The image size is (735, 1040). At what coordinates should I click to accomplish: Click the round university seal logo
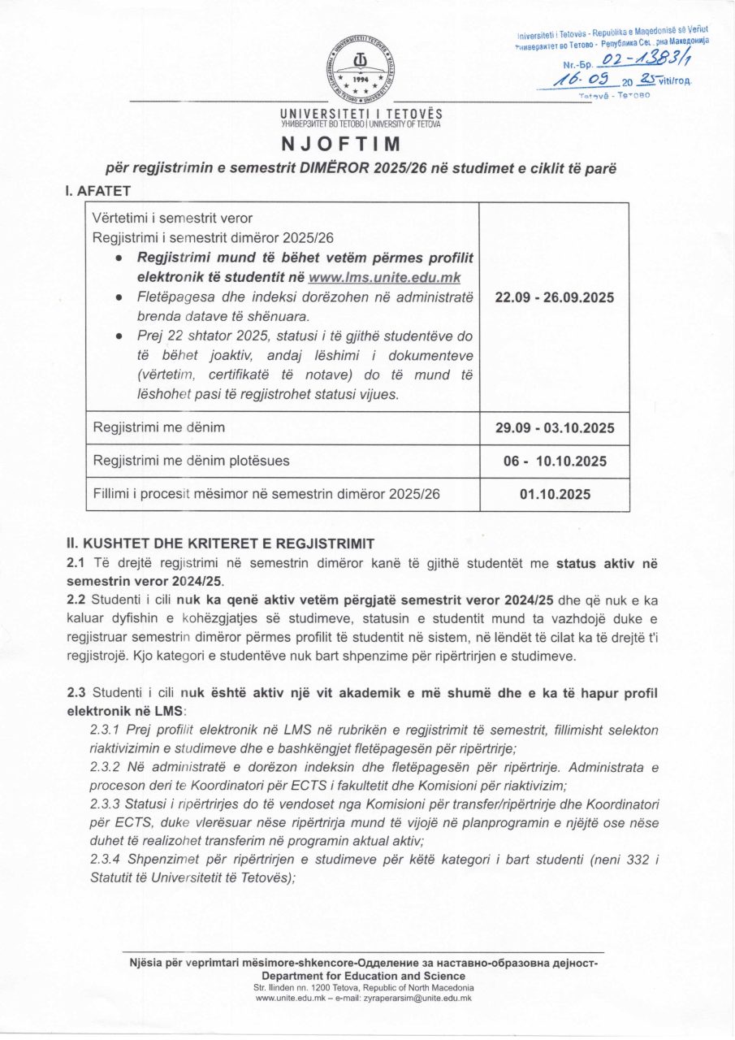(x=361, y=71)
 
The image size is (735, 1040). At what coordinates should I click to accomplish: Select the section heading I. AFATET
(x=98, y=192)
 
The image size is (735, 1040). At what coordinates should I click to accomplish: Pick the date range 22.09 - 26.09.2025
(x=555, y=297)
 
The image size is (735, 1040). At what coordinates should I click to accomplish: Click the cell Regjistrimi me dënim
(x=159, y=427)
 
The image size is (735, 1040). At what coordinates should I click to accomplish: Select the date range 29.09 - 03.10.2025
(x=555, y=427)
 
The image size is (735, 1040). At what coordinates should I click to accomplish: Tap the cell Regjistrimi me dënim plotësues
(x=191, y=461)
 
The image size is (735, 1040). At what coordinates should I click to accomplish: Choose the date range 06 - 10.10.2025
(x=555, y=461)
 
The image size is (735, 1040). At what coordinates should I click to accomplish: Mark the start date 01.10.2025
(x=555, y=494)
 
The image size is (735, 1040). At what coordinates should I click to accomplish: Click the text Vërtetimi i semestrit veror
(x=172, y=218)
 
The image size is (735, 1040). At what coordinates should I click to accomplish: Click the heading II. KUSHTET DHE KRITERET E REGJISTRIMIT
(x=221, y=543)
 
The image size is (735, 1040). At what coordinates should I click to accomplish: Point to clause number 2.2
(x=76, y=600)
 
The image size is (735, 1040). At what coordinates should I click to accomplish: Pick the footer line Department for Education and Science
(x=363, y=976)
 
